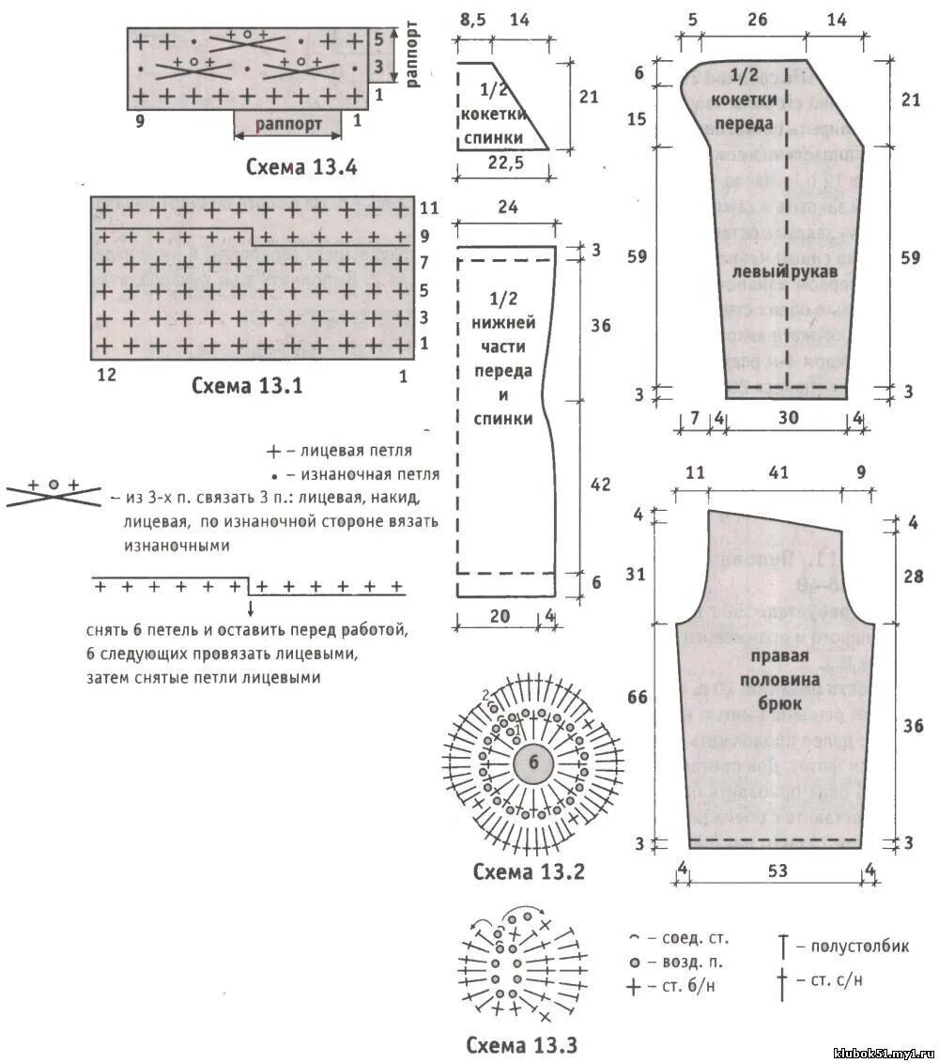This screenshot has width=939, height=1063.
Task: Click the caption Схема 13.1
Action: (x=247, y=385)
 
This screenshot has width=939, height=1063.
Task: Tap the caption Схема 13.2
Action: (x=529, y=871)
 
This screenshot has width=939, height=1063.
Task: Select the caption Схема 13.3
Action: (x=521, y=1045)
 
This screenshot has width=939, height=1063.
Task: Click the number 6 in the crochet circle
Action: (x=533, y=763)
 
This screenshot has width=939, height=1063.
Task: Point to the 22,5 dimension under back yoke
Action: (x=505, y=163)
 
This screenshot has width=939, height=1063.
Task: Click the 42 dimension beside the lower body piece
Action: (x=600, y=485)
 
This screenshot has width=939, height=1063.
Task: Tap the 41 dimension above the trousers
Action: (x=777, y=473)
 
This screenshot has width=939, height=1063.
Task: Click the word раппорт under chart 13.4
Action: (x=289, y=123)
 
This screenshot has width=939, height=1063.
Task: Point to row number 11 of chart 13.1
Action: (x=429, y=208)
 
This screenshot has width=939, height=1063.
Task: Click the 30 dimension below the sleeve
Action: (x=787, y=418)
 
